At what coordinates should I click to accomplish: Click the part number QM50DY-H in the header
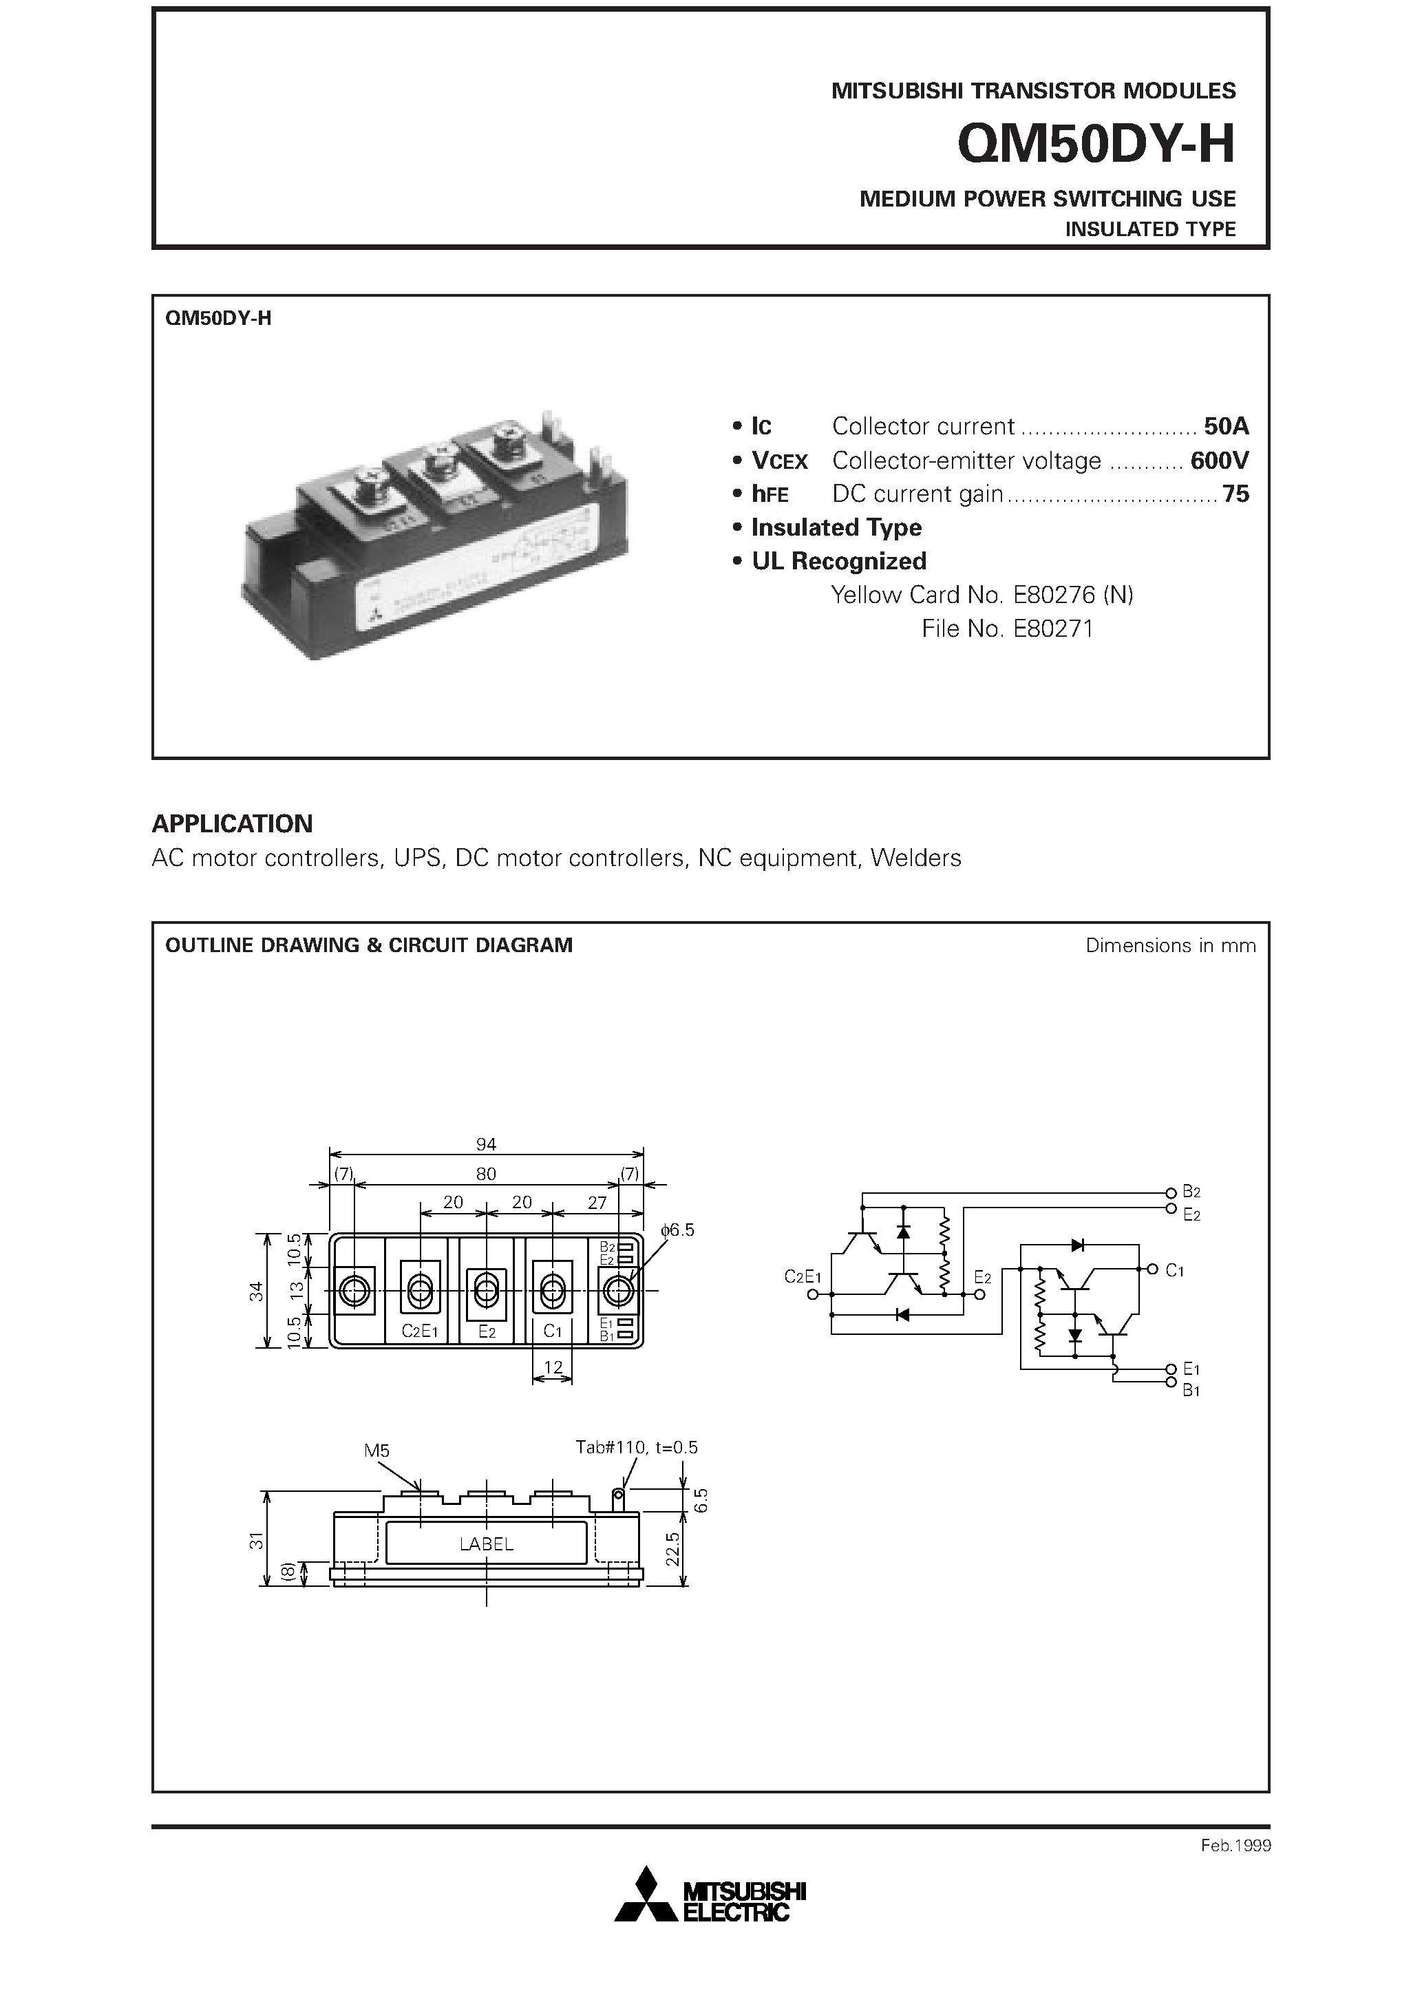(x=1096, y=144)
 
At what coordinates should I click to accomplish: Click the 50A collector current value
(x=1226, y=426)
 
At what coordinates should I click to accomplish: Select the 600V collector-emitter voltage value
(x=1220, y=461)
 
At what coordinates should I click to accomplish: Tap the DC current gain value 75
(x=1235, y=494)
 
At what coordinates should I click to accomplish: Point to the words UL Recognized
(x=838, y=561)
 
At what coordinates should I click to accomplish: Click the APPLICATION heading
(x=233, y=823)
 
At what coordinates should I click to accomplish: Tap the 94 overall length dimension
(x=486, y=1144)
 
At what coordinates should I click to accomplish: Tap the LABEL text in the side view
(x=487, y=1544)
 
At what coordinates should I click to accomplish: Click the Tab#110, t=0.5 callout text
(x=637, y=1448)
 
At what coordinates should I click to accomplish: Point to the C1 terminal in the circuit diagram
(x=1175, y=1270)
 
